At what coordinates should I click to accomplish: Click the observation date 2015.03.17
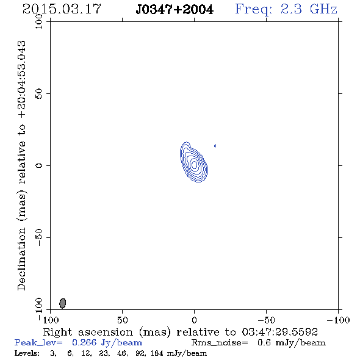[62, 9]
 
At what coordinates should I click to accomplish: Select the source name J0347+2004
[175, 10]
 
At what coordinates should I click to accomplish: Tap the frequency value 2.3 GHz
[309, 9]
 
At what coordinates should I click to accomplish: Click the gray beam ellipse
[63, 303]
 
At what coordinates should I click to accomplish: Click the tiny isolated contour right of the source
[215, 146]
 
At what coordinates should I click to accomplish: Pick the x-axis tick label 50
[122, 320]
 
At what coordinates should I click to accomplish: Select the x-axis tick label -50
[266, 320]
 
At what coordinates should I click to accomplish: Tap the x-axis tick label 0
[194, 320]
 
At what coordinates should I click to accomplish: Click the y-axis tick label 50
[39, 94]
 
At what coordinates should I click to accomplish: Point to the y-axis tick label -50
[39, 237]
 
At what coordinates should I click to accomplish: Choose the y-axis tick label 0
[39, 165]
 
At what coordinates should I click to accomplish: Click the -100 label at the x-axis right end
[338, 320]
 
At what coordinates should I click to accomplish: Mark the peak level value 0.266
[84, 342]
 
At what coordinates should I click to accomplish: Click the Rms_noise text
[220, 343]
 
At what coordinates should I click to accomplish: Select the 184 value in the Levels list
[157, 353]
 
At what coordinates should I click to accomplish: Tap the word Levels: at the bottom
[27, 353]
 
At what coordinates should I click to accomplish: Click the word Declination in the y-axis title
[21, 259]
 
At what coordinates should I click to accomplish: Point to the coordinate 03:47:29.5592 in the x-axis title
[279, 332]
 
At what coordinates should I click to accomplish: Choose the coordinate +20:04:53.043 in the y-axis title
[21, 79]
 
